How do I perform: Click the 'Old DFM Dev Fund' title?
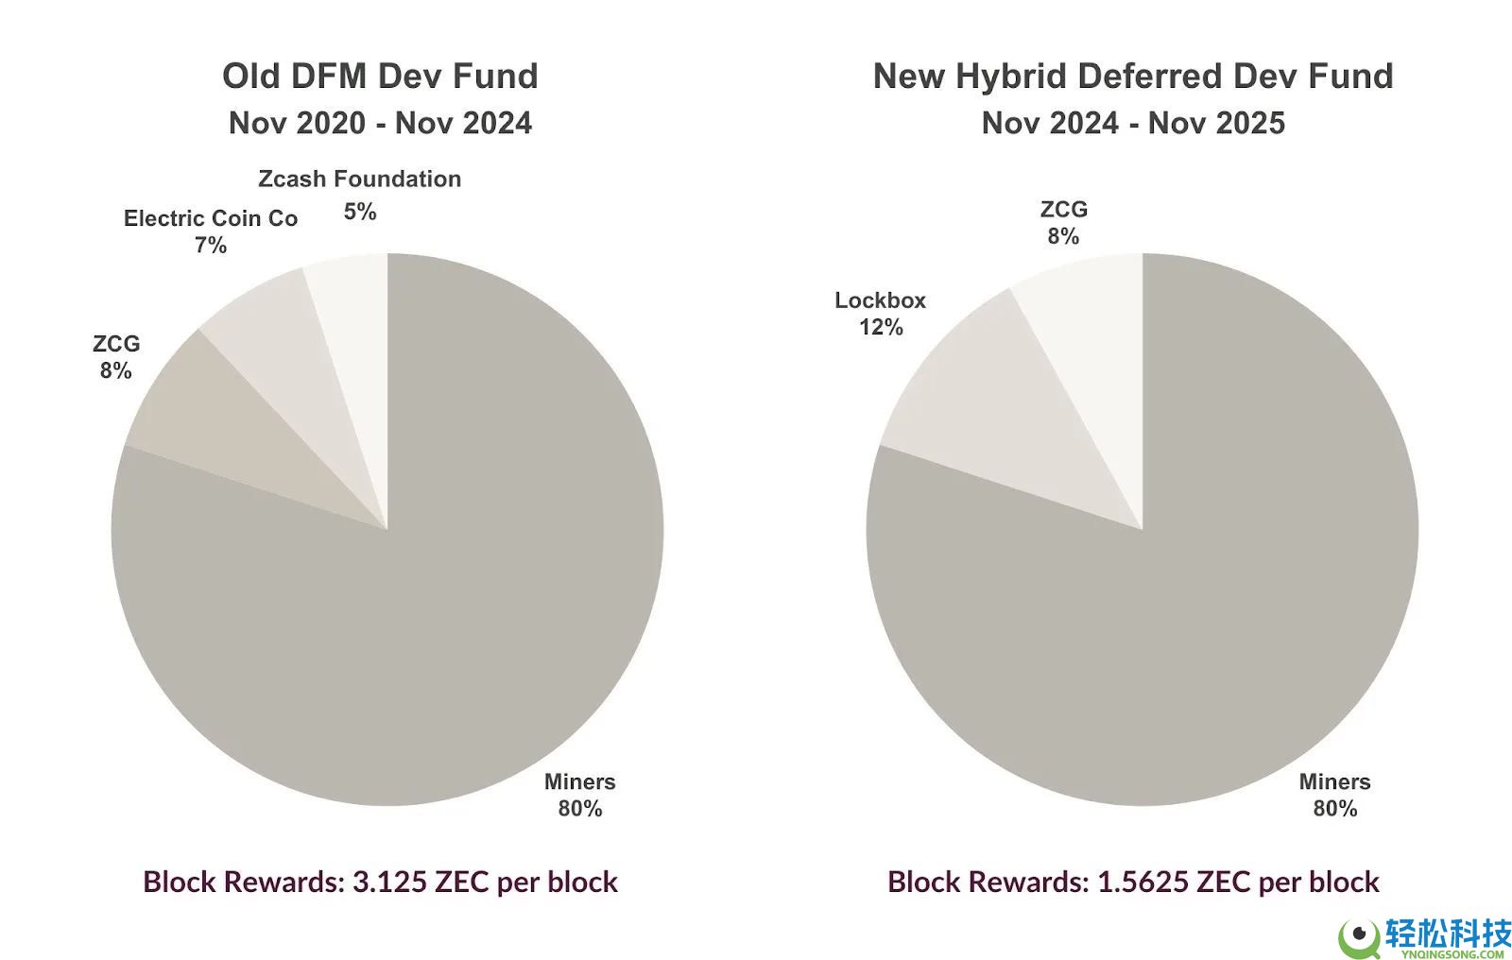click(380, 77)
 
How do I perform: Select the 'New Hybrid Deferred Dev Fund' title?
click(1133, 77)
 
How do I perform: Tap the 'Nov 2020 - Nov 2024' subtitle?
click(380, 123)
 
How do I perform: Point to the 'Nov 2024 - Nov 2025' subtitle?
click(1133, 123)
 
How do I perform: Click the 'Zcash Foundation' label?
click(359, 179)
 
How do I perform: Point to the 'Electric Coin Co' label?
click(211, 218)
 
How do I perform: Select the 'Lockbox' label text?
click(880, 300)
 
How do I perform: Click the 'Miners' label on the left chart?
click(579, 781)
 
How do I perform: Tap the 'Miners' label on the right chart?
click(1334, 781)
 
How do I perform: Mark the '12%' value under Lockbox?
click(881, 327)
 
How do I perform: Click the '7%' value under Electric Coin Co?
click(211, 246)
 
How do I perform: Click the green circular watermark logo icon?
click(1359, 935)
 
